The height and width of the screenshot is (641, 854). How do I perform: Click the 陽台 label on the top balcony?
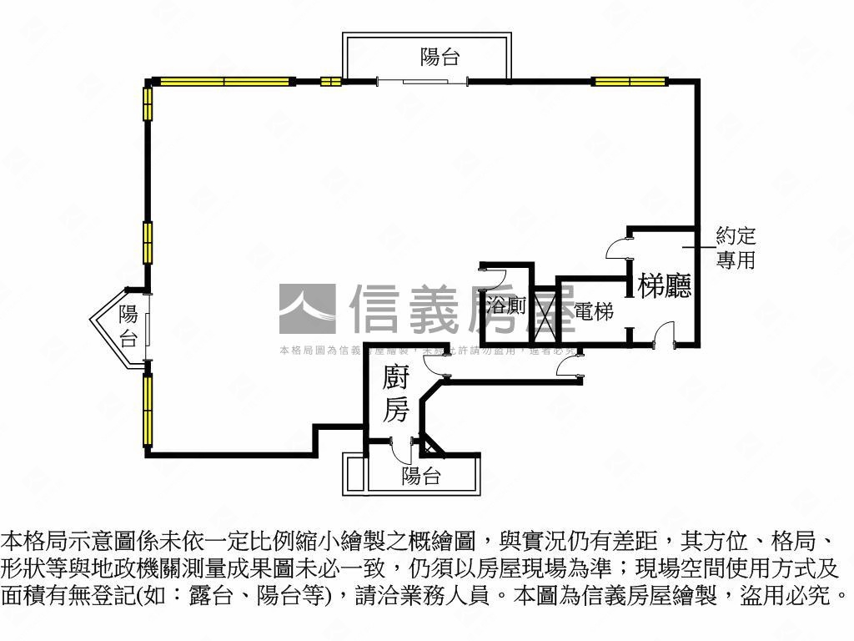click(x=440, y=58)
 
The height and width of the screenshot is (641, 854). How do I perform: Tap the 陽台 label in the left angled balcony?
click(x=128, y=326)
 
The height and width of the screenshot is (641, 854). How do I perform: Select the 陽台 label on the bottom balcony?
click(x=420, y=477)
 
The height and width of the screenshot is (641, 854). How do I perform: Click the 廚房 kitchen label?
click(x=395, y=394)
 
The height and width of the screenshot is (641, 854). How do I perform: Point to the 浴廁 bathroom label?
click(x=506, y=306)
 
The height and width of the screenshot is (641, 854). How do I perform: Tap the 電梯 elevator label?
click(x=593, y=312)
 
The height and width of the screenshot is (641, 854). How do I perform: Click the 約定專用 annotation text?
click(x=735, y=248)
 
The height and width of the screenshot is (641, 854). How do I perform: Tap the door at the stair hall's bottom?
click(x=664, y=339)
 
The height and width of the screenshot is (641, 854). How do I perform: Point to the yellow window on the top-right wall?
click(x=630, y=81)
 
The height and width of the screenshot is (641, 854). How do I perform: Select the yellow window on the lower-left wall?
click(x=148, y=410)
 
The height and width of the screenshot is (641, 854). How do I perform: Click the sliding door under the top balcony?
click(x=422, y=81)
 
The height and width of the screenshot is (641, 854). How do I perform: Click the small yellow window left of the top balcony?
click(x=330, y=81)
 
